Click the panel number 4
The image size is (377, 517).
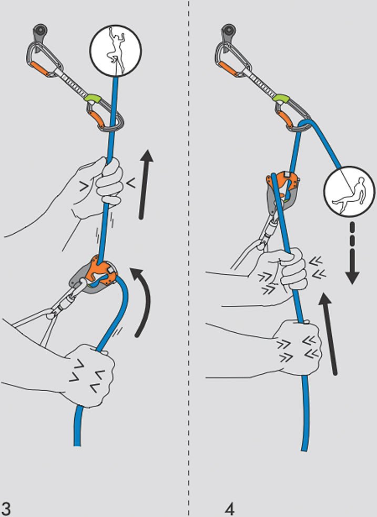tap(229, 509)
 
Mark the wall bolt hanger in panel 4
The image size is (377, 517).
tap(228, 32)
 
